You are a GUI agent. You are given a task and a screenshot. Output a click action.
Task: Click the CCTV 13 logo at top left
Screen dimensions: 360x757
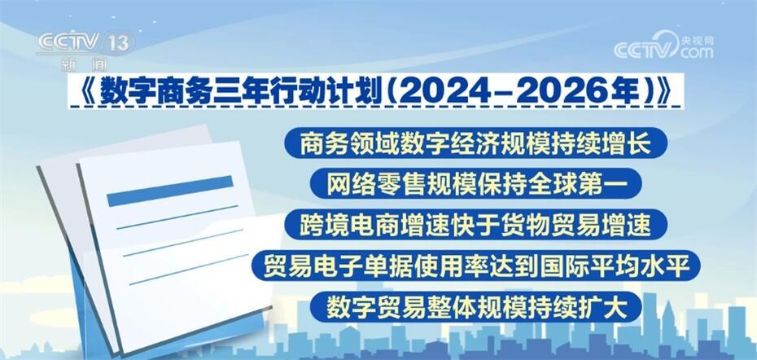click(85, 42)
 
